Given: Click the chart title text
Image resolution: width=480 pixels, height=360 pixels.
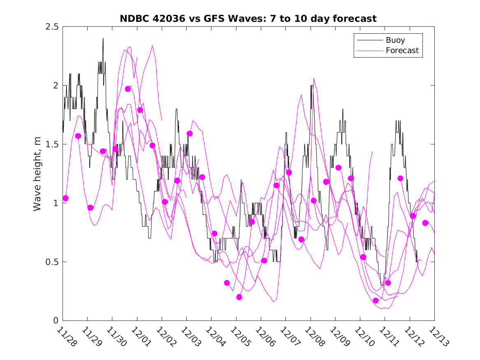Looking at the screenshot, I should pos(248,19).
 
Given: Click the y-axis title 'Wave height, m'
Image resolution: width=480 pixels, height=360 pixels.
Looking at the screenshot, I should pos(37,174).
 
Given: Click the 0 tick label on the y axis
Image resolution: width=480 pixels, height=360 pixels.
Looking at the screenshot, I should pos(56,321).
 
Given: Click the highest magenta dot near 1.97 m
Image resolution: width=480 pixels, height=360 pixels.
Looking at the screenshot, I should pos(128,89).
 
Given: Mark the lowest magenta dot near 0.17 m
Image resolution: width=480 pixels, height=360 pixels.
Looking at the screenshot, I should pos(376,300).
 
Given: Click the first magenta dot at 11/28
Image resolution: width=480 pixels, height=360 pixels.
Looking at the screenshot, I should pos(65,198).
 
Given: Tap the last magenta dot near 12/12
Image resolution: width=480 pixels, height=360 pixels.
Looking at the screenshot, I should pos(425,223).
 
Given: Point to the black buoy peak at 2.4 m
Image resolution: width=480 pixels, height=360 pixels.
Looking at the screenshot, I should pos(103,39).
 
